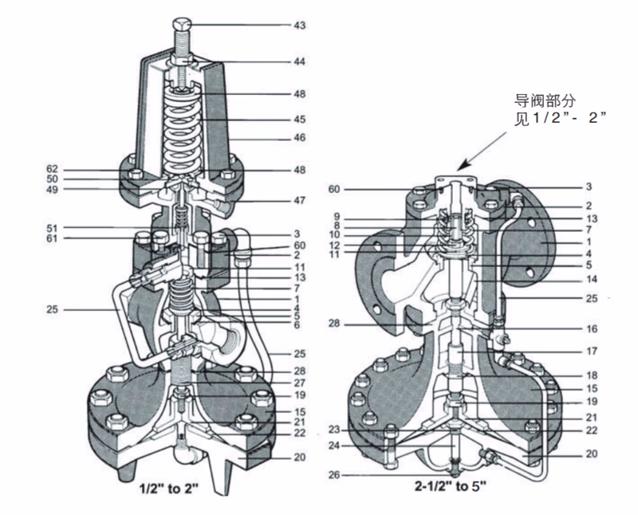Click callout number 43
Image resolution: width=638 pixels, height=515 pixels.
point(300,26)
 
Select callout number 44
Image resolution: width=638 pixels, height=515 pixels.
point(300,61)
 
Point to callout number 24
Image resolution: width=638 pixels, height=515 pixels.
point(335,445)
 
